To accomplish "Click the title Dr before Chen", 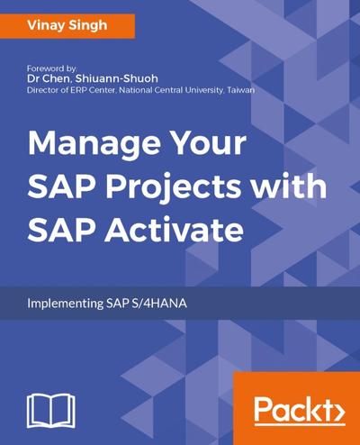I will coord(33,78).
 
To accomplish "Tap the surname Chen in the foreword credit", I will coord(58,78).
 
